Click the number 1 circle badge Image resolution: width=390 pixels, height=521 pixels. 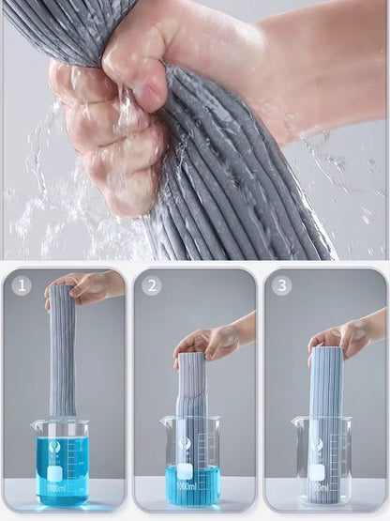click(x=23, y=286)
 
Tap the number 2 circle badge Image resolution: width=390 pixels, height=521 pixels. click(x=153, y=286)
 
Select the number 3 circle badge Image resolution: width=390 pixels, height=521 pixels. click(x=282, y=286)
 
